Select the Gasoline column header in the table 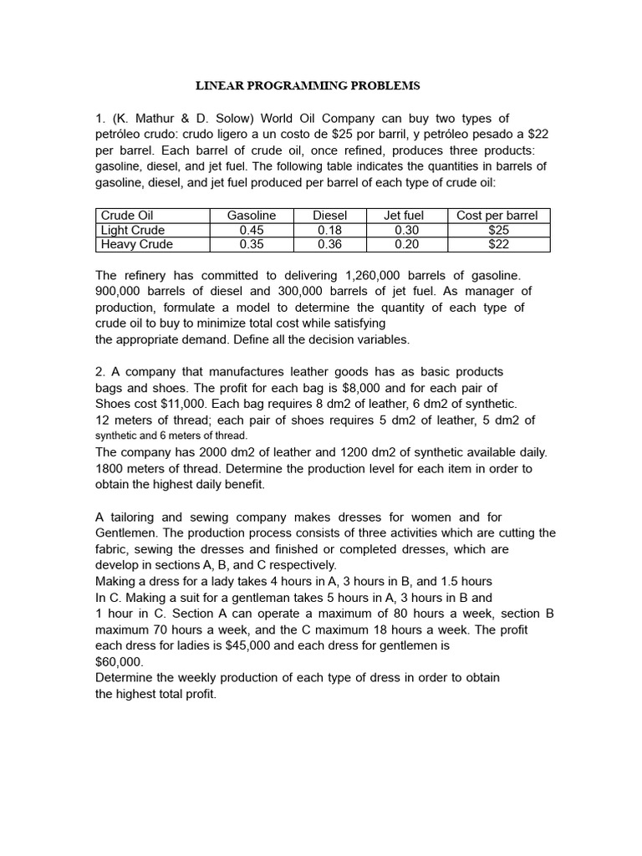[251, 216]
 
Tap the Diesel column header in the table [329, 216]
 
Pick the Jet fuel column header [404, 216]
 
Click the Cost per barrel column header [497, 216]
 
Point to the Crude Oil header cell [127, 216]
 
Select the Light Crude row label [132, 230]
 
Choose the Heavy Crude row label [136, 244]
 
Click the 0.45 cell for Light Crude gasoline [251, 230]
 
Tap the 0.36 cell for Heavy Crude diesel [329, 244]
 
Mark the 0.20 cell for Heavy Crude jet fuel [404, 244]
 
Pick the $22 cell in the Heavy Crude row [497, 244]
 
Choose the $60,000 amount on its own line [120, 661]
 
